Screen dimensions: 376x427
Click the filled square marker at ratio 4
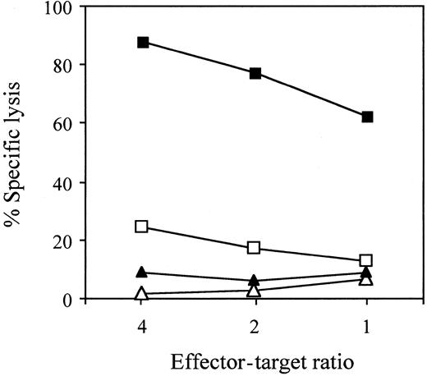(x=143, y=42)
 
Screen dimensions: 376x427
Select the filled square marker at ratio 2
(x=255, y=73)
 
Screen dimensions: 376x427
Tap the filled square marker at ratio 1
(x=367, y=117)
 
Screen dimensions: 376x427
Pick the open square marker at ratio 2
(x=255, y=248)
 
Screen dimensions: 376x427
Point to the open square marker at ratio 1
(x=367, y=260)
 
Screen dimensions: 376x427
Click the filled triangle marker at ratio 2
(x=255, y=280)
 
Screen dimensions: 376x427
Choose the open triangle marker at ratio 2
(x=255, y=290)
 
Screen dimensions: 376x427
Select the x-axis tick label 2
(x=255, y=322)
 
